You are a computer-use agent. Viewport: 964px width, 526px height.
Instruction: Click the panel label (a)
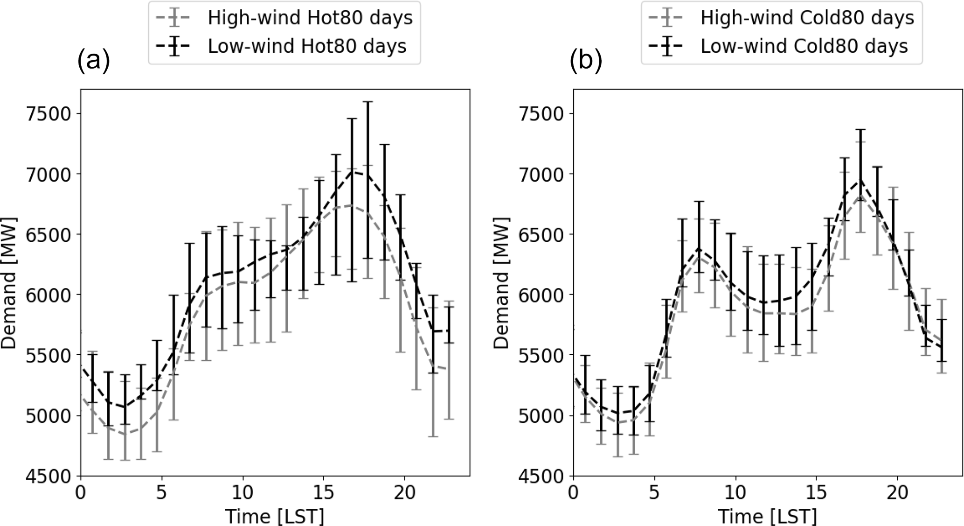[x=94, y=61]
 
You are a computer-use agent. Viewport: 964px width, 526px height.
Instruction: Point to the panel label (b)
[x=586, y=61]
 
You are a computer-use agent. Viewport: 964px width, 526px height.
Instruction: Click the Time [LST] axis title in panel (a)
[x=275, y=516]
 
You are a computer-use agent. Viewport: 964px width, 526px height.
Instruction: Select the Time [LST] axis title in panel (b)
[x=767, y=516]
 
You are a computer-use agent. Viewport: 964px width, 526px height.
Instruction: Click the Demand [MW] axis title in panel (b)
[x=502, y=283]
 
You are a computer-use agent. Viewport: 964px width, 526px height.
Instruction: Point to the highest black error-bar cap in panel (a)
[x=368, y=102]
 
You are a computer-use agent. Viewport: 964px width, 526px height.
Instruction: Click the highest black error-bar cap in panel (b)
[x=861, y=142]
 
